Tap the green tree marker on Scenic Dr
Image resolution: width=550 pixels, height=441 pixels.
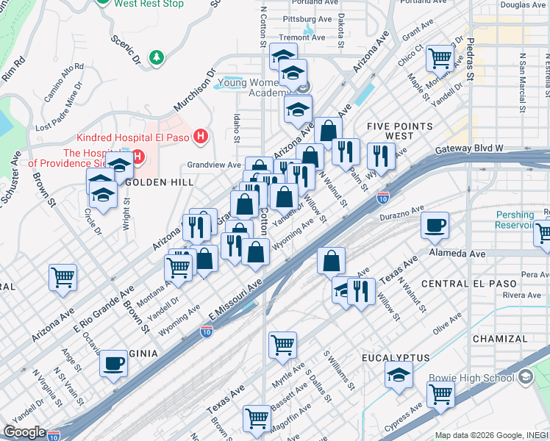pos(155,57)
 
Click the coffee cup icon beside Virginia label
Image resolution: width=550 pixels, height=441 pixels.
pos(113,363)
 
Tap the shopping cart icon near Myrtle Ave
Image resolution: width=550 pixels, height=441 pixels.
pos(282,344)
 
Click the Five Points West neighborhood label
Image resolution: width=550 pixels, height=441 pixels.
pos(399,132)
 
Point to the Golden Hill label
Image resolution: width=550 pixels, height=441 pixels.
pos(159,182)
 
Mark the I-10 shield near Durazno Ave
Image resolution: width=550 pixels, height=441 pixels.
pos(382,198)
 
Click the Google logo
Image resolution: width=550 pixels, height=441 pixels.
pos(24,432)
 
